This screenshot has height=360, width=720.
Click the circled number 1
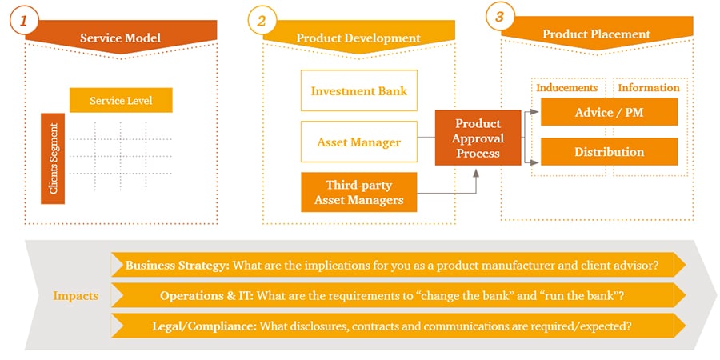click(24, 20)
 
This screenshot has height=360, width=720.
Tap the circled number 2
click(261, 20)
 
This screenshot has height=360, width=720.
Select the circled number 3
click(499, 17)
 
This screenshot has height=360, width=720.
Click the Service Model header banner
click(120, 38)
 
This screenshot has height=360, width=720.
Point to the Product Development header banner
click(358, 38)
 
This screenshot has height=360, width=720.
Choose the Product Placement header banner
click(596, 34)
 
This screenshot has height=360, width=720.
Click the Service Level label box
click(121, 101)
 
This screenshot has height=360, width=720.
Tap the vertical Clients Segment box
click(53, 158)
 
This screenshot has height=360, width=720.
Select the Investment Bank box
click(358, 90)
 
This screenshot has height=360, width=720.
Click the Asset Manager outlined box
click(358, 142)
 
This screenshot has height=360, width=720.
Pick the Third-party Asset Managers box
click(358, 192)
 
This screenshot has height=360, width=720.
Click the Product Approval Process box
click(478, 138)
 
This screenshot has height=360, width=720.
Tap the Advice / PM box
click(609, 113)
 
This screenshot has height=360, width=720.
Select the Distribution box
click(609, 152)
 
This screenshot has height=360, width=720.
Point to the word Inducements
click(566, 87)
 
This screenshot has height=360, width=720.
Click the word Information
click(649, 87)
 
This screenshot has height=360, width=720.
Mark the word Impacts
click(75, 295)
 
